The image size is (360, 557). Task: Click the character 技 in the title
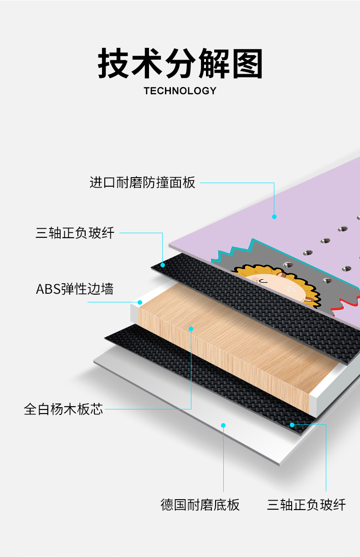point(114,64)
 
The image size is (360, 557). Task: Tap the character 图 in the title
point(247,64)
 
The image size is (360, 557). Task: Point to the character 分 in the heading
point(180,64)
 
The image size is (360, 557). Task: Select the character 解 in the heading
point(214,64)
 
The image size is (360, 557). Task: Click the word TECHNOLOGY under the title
point(180,91)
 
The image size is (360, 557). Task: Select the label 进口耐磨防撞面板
point(143,183)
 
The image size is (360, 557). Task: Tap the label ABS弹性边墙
point(75,289)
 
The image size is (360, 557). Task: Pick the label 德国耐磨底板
point(200,505)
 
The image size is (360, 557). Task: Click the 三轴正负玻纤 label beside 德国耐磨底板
point(306,505)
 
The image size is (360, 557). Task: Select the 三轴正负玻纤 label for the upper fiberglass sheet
point(75,233)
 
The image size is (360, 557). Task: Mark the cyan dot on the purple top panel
point(274,217)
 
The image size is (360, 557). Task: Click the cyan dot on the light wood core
point(191,328)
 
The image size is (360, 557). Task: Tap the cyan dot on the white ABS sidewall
point(140,302)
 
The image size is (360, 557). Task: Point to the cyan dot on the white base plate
point(223,425)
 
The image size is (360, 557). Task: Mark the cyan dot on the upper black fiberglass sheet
point(163,265)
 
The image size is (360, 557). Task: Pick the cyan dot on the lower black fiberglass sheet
point(292,424)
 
